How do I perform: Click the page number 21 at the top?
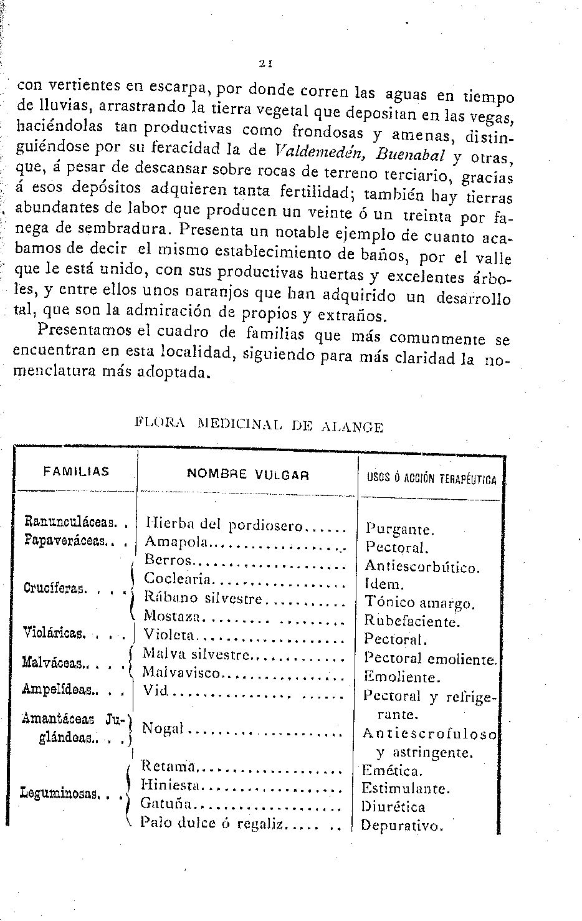pos(265,62)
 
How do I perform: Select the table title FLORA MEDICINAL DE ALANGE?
pos(259,426)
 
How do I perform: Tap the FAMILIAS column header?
pos(76,472)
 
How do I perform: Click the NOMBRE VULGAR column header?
pos(248,474)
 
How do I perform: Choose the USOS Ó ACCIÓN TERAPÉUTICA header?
pos(432,479)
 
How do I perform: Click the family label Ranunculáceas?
pos(69,520)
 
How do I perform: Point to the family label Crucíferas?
pos(54,588)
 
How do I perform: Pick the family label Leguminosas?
pos(60,794)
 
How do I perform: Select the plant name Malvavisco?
pos(181,673)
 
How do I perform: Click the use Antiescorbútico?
pos(422,568)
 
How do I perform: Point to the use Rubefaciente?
pos(412,621)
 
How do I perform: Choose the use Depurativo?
pos(402,826)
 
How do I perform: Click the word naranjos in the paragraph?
pos(210,290)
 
